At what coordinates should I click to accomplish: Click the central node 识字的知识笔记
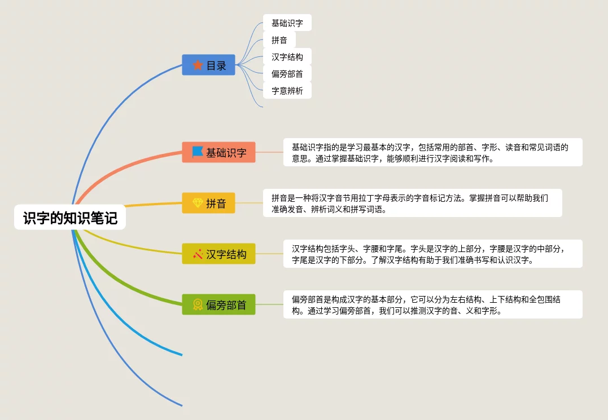pos(70,218)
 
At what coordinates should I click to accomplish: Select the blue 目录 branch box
pos(208,65)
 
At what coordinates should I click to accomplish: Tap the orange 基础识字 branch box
pos(218,152)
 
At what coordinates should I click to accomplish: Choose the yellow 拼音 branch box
pos(208,203)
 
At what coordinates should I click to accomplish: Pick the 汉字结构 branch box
pos(218,254)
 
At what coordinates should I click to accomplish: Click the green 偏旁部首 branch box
pos(218,304)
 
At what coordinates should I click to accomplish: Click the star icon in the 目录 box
pos(198,65)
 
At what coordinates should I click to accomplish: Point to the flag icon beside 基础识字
pos(198,152)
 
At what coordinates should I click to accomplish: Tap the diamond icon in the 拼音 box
pos(198,203)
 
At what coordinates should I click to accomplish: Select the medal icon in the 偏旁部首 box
pos(198,304)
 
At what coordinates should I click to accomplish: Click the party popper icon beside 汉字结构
pos(198,254)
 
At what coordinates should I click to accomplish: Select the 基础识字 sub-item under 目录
pos(287,23)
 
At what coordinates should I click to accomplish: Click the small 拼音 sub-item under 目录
pos(279,40)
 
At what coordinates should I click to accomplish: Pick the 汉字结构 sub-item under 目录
pos(287,57)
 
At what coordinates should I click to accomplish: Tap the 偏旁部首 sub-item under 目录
pos(287,74)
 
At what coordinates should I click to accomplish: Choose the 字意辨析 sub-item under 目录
pos(287,91)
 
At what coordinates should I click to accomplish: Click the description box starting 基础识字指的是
pos(432,152)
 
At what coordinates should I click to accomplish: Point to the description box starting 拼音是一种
pos(413,203)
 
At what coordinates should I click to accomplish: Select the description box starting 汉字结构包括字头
pos(432,254)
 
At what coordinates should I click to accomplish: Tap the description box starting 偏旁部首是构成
pos(432,304)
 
